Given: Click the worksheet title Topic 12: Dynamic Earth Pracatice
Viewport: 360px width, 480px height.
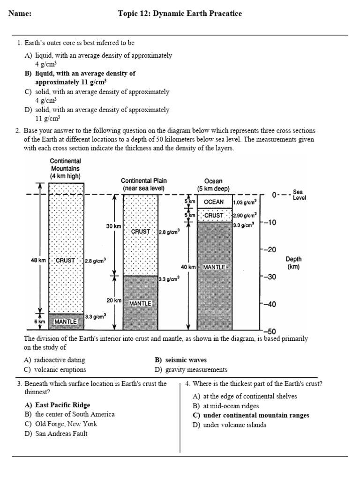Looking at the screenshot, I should pos(180,14).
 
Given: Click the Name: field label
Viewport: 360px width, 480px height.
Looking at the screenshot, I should pos(20,14).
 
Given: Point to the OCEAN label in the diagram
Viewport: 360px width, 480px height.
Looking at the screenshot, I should pos(214,202).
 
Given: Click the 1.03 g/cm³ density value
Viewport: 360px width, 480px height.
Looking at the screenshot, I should pos(245,202).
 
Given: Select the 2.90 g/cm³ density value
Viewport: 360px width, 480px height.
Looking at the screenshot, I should pos(245,215).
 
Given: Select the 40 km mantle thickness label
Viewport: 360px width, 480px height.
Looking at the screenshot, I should pos(187,267).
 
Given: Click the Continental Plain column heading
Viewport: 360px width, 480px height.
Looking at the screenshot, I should pos(143,184).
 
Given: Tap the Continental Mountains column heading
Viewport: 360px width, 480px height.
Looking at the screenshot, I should pos(65,168).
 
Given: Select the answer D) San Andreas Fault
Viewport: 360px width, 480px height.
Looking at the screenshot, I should pos(56,434).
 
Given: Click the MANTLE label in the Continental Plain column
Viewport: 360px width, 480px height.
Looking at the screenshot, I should pos(140,303).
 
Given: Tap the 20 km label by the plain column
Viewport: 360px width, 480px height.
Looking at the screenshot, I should pos(114,300).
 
